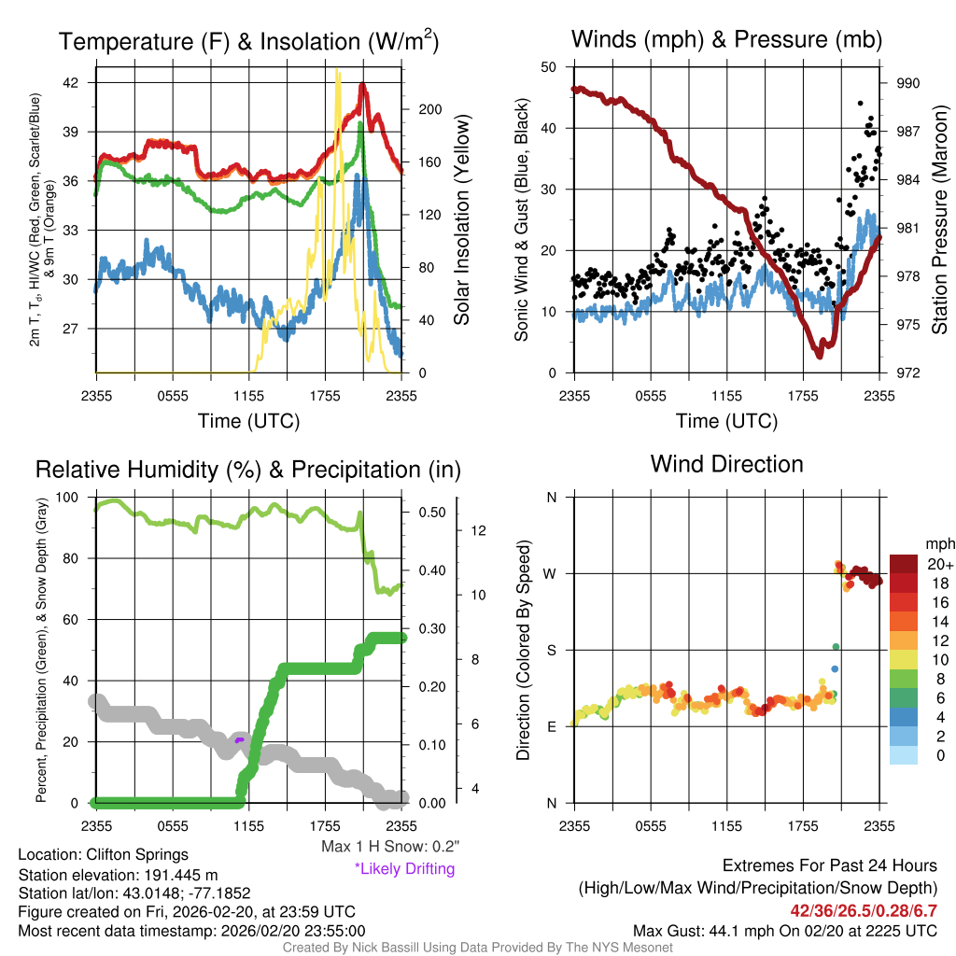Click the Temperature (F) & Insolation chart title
(x=248, y=41)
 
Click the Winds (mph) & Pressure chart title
(x=726, y=39)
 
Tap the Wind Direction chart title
(x=726, y=463)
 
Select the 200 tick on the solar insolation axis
(x=427, y=109)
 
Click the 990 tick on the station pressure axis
(x=908, y=83)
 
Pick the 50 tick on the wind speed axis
(x=549, y=66)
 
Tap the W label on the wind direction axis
(x=551, y=573)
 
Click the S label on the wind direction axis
(x=551, y=650)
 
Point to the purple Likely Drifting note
(x=404, y=869)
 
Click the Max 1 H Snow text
(x=389, y=847)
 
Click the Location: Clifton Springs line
(x=103, y=854)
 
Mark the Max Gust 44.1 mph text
(x=784, y=931)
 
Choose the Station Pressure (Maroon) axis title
(x=939, y=221)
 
